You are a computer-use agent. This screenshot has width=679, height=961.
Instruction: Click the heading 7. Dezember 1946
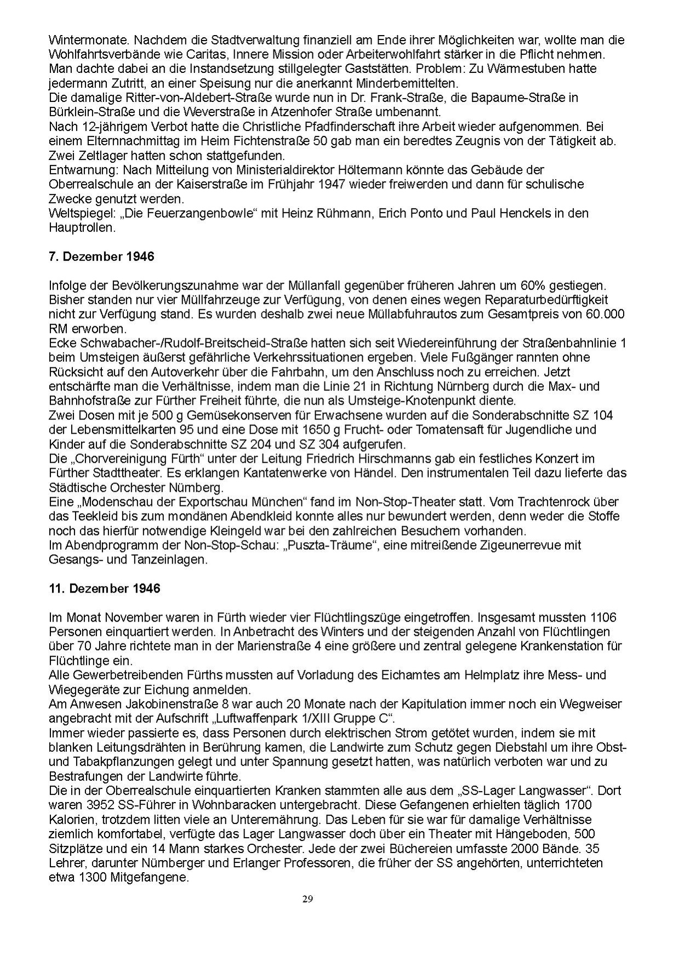click(x=101, y=257)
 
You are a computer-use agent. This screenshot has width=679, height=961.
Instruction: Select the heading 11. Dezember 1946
click(x=104, y=588)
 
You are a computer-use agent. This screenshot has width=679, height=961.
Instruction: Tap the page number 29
click(x=307, y=898)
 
